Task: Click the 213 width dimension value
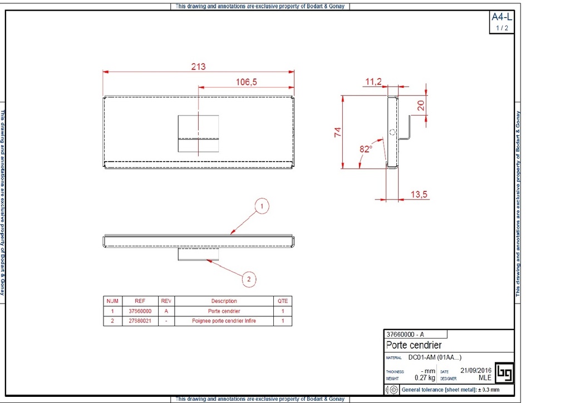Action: [x=198, y=67]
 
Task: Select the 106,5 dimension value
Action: [x=246, y=82]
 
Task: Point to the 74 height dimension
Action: [x=337, y=132]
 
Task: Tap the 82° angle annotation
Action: [x=366, y=149]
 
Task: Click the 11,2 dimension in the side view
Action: [x=373, y=82]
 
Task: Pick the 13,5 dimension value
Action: [x=419, y=194]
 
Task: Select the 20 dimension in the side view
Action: [x=421, y=106]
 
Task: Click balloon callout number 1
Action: [x=263, y=207]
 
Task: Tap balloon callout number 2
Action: [x=249, y=278]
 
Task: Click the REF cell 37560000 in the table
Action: [x=140, y=311]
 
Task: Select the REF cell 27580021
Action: [x=140, y=321]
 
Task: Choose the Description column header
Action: [x=224, y=301]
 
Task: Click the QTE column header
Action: [x=283, y=301]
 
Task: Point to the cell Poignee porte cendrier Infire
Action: [x=224, y=321]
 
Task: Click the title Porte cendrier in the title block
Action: [x=414, y=345]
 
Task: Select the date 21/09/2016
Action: [x=476, y=370]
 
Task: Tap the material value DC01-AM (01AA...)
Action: [x=435, y=357]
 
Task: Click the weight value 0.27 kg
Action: [x=425, y=378]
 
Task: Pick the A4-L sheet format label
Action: [x=502, y=17]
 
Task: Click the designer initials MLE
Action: [x=485, y=378]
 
